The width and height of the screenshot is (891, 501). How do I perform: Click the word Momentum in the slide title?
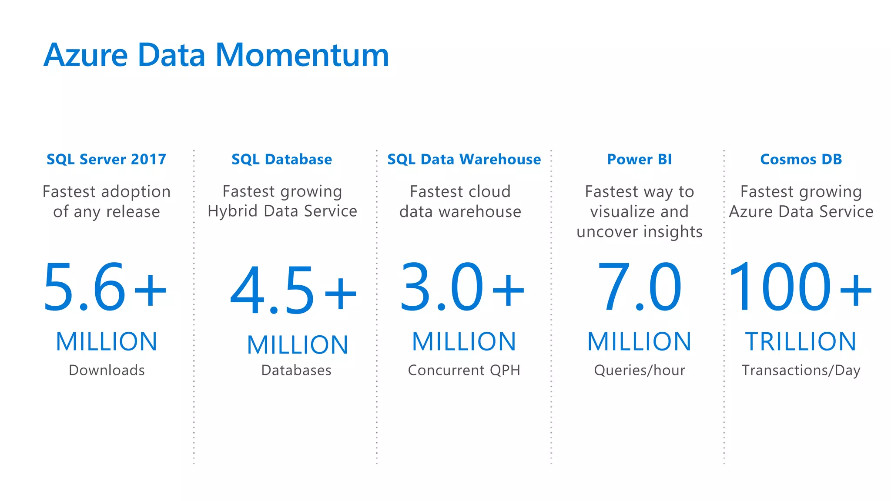pos(302,55)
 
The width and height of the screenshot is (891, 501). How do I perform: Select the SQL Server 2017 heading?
pos(107,159)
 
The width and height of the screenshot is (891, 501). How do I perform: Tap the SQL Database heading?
pos(281,159)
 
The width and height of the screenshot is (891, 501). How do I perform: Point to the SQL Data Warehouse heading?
pos(464,159)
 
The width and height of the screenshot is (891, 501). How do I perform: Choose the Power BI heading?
pos(639,159)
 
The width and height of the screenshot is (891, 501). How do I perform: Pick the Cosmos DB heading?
pos(801,159)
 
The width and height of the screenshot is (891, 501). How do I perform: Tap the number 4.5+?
pos(294,290)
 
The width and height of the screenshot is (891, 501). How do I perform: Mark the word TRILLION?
pos(801,341)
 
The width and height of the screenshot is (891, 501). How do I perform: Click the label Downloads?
pos(107,370)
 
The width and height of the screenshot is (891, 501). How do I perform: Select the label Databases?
pos(296,370)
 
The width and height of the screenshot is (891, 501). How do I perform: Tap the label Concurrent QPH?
pos(464,370)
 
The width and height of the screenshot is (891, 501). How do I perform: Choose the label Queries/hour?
pos(639,370)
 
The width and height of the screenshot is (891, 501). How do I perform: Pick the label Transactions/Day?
pos(801,370)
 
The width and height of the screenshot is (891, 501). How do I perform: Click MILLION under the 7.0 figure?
pos(639,341)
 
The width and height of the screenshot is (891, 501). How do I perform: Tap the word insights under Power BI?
pos(673,232)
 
